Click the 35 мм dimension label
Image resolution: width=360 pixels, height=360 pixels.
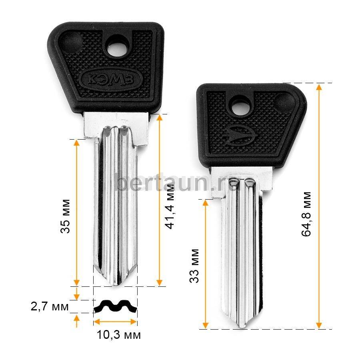click(x=65, y=216)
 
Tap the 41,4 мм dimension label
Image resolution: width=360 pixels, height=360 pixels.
click(x=170, y=206)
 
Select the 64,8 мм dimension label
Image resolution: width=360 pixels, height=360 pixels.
click(x=306, y=214)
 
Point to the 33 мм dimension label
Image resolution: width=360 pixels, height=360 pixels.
click(x=194, y=266)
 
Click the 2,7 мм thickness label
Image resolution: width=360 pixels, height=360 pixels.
click(x=50, y=306)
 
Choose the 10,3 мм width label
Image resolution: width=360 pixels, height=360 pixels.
click(x=119, y=335)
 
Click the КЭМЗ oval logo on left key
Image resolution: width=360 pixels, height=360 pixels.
click(x=110, y=79)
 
